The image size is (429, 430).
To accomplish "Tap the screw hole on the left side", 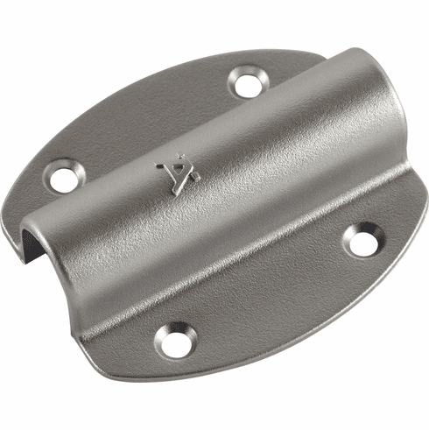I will tap(64, 178).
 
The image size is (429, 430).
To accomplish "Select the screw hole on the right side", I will tap(363, 239).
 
